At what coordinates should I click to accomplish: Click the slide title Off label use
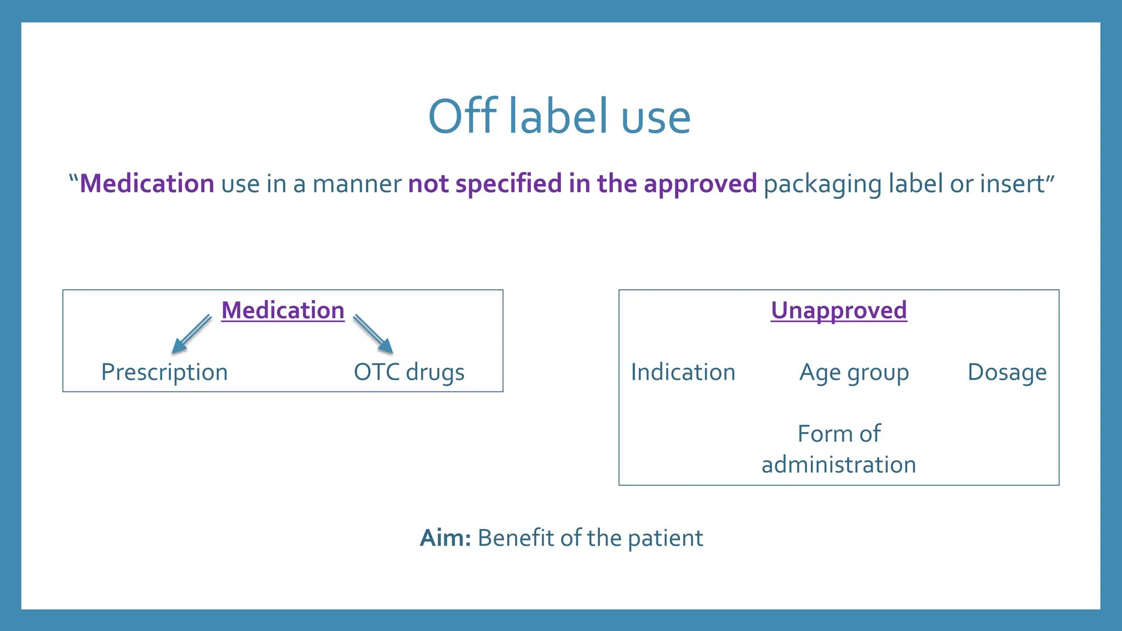coord(559,117)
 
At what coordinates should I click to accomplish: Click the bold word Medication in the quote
coord(147,183)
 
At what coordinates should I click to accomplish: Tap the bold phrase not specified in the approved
coord(582,183)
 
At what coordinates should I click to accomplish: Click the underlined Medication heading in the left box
coord(283,311)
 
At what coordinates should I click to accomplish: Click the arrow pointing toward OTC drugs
coord(374,334)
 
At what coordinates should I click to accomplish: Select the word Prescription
coord(164,372)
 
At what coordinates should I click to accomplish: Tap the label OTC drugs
coord(409,372)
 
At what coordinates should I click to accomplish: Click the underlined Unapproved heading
coord(839,311)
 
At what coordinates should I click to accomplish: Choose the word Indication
coord(683,372)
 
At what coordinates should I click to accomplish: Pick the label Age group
coord(854,373)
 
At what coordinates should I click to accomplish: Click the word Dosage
coord(1007,372)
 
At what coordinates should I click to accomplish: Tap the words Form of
coord(839,434)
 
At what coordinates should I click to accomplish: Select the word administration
coord(839,465)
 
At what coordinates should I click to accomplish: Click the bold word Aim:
coord(445,538)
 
